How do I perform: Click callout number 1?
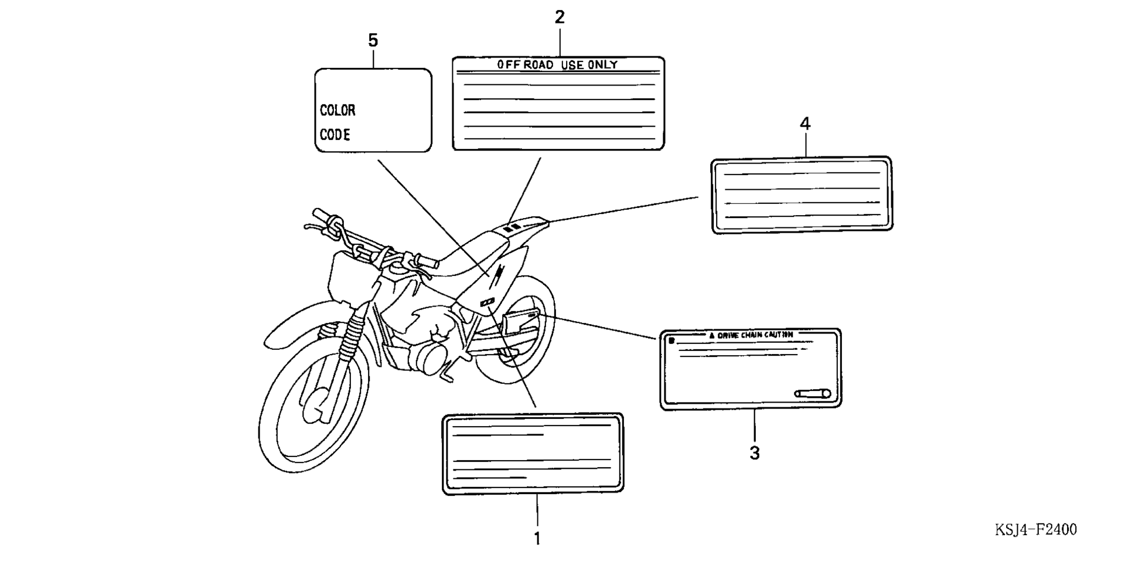coord(537,538)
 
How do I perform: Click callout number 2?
coord(560,18)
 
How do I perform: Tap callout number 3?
coord(755,453)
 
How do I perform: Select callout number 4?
coord(805,124)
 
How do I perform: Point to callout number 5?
coord(373,40)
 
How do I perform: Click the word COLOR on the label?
coord(337,110)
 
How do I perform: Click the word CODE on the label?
coord(335,135)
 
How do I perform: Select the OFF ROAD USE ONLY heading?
coord(557,64)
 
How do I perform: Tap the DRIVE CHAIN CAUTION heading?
coord(751,335)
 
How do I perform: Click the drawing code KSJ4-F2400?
coord(1036,530)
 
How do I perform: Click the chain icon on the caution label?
coord(813,393)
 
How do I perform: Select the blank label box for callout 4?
coord(802,195)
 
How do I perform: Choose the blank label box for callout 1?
coord(533,454)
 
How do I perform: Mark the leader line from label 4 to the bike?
coord(623,209)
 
